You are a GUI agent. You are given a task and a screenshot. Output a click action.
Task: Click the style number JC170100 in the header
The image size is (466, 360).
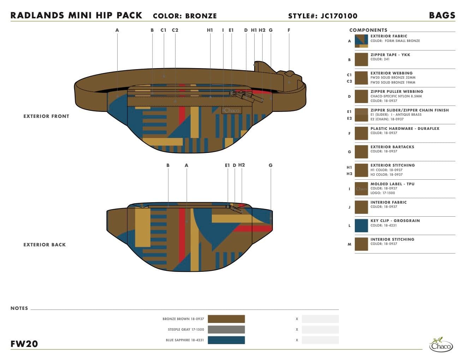coord(339,16)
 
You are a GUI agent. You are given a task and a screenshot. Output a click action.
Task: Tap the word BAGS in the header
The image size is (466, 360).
coord(442,16)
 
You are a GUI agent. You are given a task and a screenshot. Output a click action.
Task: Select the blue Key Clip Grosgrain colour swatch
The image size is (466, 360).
coord(361,226)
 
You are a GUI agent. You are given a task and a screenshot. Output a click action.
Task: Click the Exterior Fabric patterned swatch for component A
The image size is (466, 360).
coord(361,41)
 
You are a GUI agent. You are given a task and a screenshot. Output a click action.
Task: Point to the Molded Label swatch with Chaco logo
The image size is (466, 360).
coord(361,189)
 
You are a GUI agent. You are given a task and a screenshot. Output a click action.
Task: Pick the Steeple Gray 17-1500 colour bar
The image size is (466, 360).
coord(226,330)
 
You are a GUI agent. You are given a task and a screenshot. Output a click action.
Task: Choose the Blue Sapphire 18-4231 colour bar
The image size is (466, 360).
coord(226,340)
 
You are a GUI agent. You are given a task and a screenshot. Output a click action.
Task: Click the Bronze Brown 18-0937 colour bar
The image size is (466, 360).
coord(226,319)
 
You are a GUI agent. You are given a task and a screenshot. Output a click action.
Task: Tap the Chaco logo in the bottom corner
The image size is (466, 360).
coord(441,344)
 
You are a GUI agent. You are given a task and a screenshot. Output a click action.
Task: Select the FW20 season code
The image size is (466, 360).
coord(24,344)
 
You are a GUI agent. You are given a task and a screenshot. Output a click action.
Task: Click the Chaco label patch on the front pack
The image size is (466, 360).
coord(232,110)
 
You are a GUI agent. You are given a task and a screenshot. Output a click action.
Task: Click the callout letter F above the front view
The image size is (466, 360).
coord(289,30)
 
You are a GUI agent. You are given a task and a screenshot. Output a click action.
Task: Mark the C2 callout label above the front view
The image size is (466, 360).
coord(175,30)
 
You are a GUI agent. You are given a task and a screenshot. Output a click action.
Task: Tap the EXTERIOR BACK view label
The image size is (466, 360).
coord(44,245)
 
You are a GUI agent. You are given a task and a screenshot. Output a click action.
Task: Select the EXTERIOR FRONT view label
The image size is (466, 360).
coord(46,116)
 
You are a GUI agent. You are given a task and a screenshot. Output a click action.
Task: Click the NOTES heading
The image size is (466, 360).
coord(19,308)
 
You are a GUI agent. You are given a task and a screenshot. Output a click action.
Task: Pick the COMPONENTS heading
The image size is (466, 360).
coord(368,30)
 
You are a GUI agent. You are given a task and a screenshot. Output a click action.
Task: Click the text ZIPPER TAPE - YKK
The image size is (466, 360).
coord(390,55)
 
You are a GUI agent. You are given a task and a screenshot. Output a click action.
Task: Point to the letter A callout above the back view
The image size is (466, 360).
coord(186,165)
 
